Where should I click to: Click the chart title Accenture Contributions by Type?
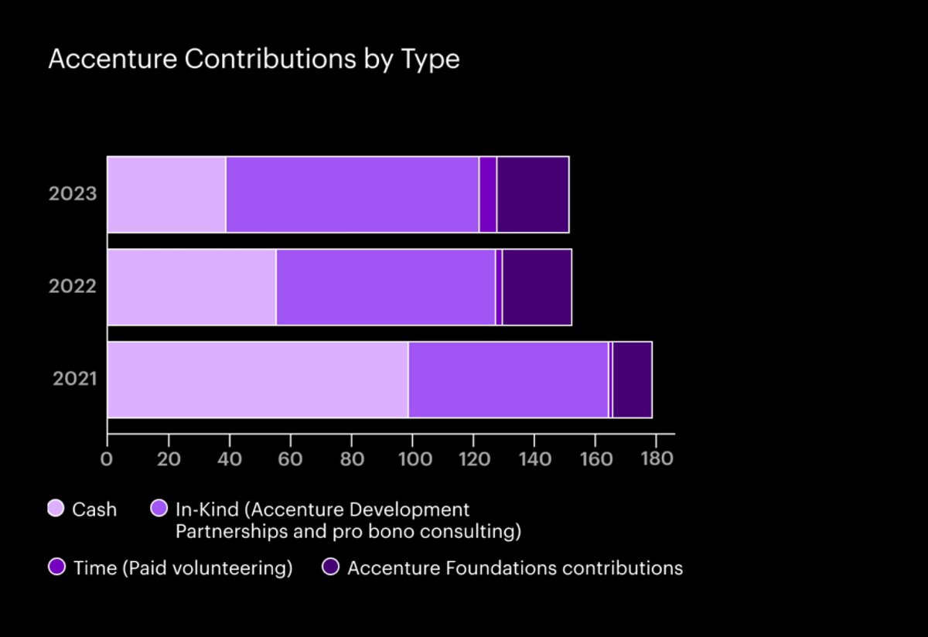(254, 60)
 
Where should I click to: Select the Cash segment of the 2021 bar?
(258, 380)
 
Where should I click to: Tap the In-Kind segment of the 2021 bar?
(508, 380)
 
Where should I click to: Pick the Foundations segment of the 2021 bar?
(632, 380)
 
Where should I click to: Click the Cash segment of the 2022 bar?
(192, 287)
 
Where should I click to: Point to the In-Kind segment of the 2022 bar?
(386, 287)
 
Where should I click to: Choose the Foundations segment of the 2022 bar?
(537, 287)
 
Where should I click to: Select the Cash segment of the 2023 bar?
(166, 194)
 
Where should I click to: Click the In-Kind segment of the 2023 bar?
(353, 194)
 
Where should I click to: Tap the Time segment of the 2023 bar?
(488, 194)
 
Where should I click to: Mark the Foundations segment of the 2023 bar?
(533, 194)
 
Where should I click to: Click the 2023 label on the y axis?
(73, 194)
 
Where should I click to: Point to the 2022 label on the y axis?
(73, 287)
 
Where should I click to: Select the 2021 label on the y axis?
(74, 380)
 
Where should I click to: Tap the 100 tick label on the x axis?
(412, 458)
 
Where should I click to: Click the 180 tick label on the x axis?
(656, 458)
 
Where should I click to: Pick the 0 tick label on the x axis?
(107, 458)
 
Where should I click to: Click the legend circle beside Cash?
(56, 509)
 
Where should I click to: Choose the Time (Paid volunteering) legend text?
(183, 568)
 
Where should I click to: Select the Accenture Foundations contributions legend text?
(515, 568)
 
